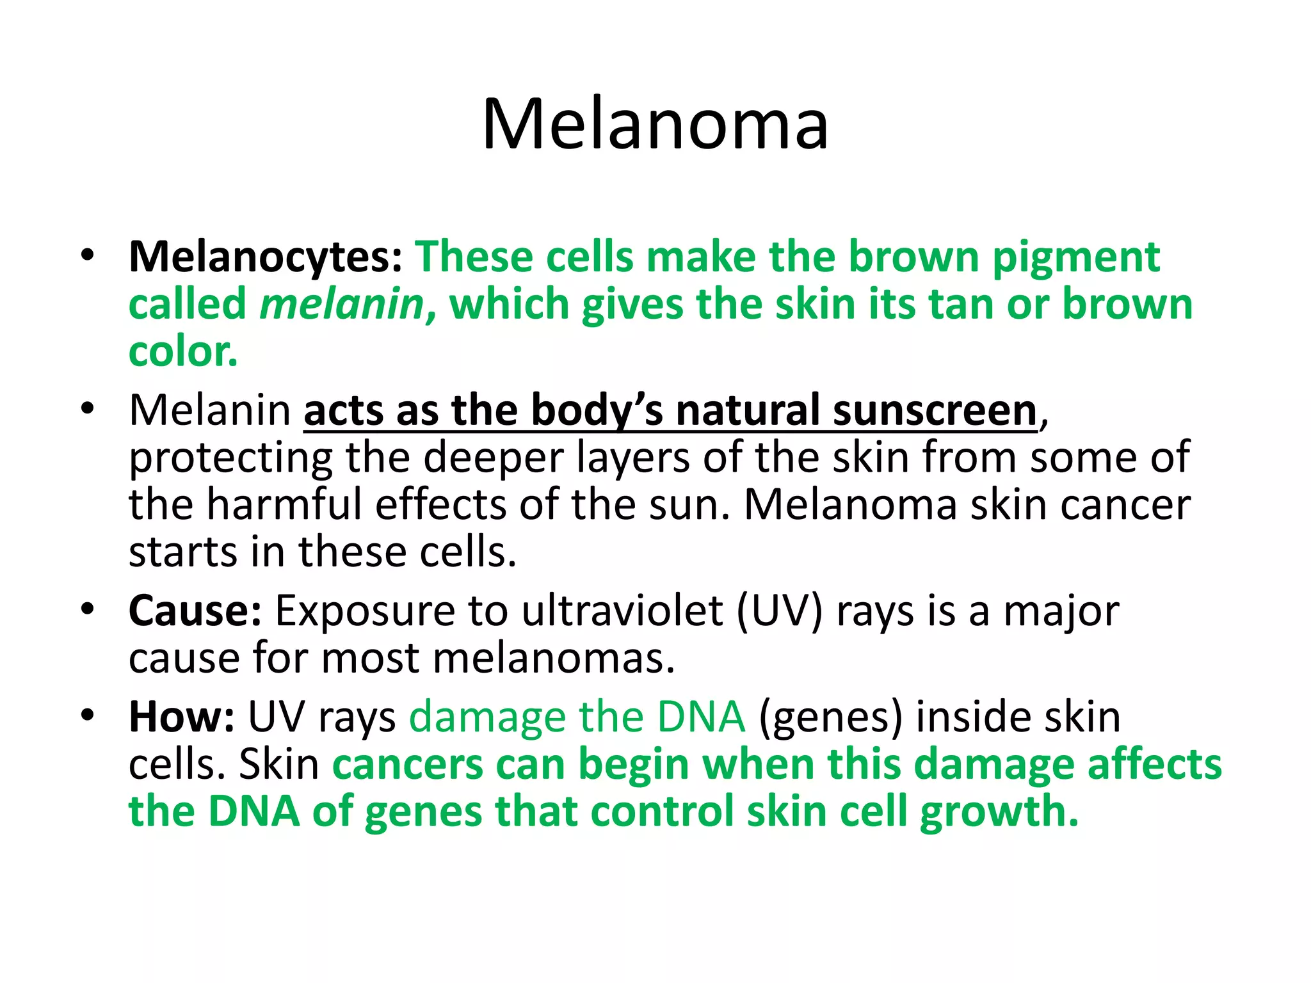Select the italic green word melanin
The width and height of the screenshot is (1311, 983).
[342, 304]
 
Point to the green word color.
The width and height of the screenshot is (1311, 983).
[183, 352]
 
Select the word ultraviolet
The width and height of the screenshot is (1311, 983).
[622, 611]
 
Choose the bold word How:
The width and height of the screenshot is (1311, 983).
[182, 717]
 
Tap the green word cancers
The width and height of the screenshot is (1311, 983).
[408, 765]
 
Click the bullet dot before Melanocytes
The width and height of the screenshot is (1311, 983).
[88, 256]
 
